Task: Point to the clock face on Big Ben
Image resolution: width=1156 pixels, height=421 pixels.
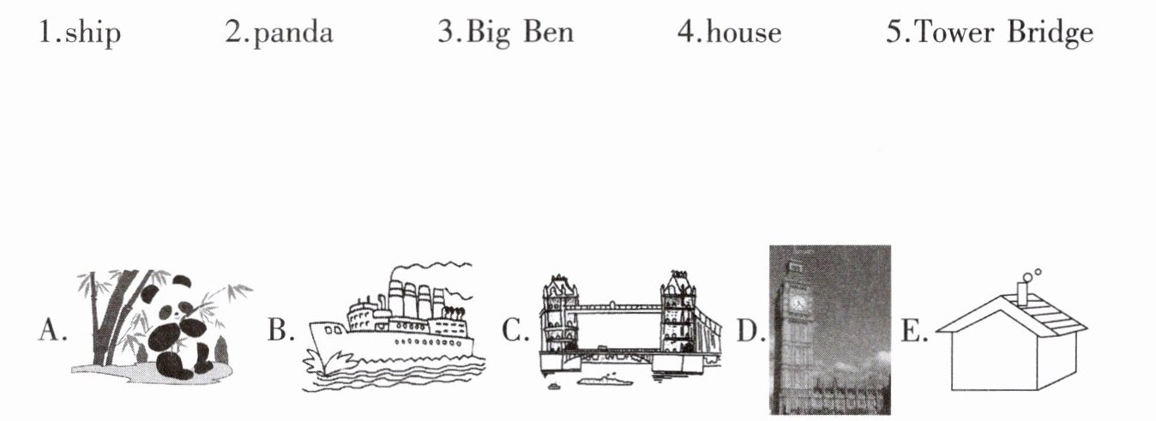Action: (x=798, y=302)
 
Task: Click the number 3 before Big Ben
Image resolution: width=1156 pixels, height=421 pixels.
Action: (x=445, y=33)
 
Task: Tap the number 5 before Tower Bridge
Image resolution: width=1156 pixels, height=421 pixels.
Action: (x=893, y=33)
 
